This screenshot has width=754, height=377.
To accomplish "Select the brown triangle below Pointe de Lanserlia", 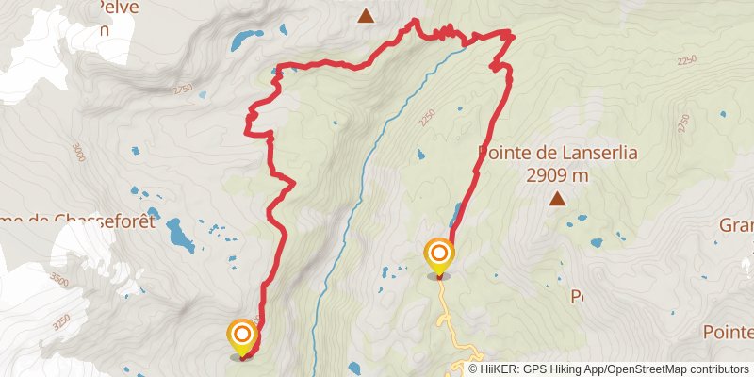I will point(558,199).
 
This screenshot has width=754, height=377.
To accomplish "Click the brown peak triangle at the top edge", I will point(365,15).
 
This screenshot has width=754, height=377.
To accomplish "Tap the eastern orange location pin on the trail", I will point(438,255).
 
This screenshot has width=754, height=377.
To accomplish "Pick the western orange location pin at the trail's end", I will point(242,336).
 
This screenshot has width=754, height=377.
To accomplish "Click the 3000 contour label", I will point(77,152).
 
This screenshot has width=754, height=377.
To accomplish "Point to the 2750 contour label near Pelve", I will point(182,90).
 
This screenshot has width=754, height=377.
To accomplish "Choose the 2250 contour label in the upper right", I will point(686,60).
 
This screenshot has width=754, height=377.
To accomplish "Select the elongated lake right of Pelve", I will point(248,40).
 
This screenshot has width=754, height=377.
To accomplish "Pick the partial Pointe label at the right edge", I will point(728,333).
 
